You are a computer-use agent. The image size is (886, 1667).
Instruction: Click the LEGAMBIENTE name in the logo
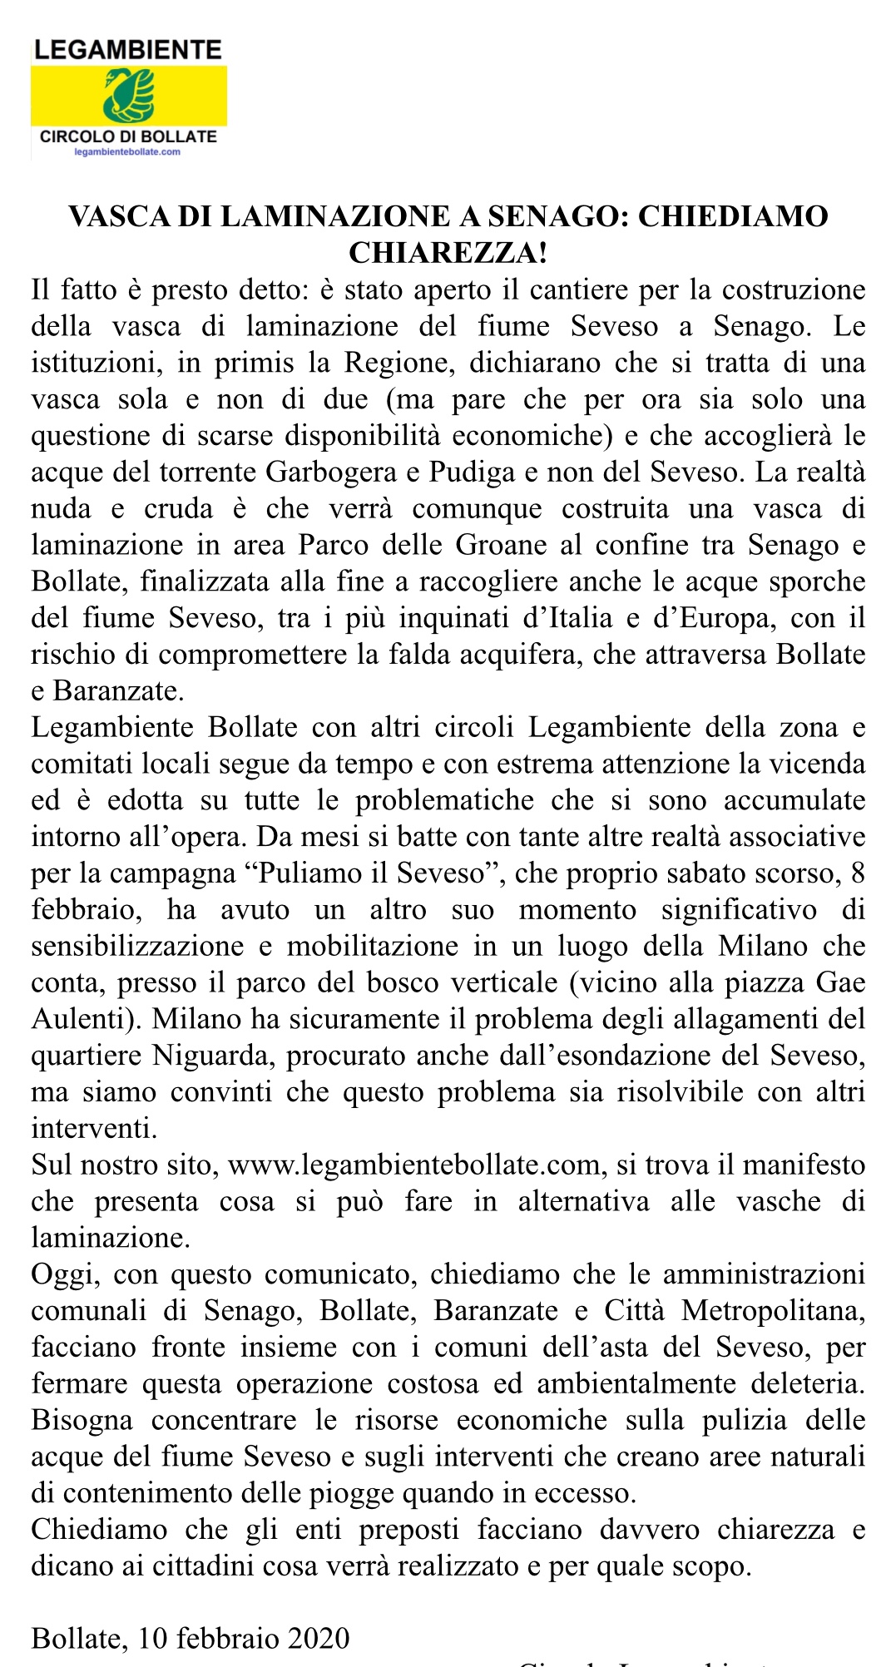tap(128, 50)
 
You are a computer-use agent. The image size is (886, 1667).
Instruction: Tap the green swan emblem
tap(129, 94)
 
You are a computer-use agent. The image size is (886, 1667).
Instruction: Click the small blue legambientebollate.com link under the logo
tap(127, 152)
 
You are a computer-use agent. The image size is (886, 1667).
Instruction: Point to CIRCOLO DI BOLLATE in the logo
tap(128, 136)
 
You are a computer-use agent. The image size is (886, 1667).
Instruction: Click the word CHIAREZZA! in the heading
tap(448, 252)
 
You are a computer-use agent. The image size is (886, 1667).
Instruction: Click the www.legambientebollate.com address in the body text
tap(414, 1165)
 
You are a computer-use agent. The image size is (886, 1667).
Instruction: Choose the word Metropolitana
tap(773, 1311)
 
